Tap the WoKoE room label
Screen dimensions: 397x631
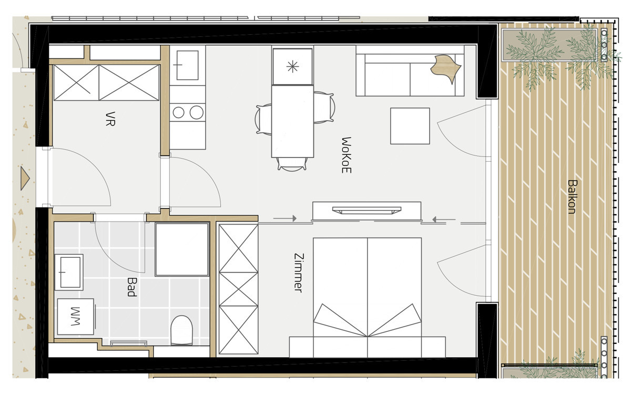coord(346,155)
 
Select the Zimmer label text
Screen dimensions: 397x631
coord(298,273)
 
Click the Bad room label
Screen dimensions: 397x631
coord(131,287)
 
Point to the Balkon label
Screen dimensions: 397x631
coord(572,197)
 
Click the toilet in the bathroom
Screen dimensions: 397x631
coord(182,330)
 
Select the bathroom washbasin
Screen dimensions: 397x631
coord(69,272)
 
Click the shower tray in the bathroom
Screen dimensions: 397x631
coord(182,249)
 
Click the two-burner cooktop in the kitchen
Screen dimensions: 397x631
coord(188,112)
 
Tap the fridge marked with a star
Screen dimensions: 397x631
coord(292,66)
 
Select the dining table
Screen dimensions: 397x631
coord(292,121)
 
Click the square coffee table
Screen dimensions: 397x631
coord(410,126)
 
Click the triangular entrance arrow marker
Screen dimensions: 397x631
coord(24,179)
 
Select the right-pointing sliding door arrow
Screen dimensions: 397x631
coord(285,218)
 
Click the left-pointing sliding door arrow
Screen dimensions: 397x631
coord(443,220)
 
